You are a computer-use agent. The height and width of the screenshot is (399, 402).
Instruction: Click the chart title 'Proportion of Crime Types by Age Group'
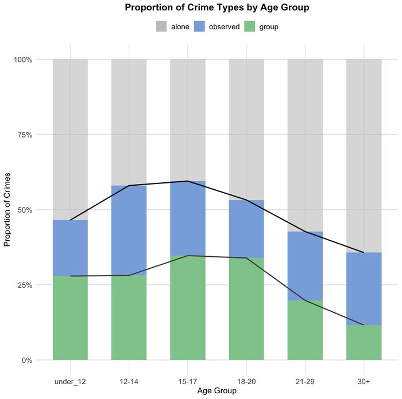coord(217,8)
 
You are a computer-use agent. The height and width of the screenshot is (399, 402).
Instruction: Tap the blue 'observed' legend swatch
coord(200,26)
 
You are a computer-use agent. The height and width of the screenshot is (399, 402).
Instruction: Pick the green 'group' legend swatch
coord(250,26)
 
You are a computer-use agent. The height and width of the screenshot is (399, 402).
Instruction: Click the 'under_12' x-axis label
coord(70,372)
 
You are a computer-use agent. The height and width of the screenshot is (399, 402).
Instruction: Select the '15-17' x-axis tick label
coord(187,372)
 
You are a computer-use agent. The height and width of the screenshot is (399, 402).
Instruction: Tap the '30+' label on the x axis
coord(364,372)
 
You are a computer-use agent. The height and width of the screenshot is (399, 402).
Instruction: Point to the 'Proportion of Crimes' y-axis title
coord(8,210)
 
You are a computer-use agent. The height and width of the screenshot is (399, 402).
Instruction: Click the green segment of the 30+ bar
coord(364,343)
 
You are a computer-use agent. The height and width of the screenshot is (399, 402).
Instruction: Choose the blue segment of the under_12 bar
coord(70,248)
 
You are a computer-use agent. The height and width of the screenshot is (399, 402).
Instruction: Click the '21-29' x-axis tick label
coord(305,372)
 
